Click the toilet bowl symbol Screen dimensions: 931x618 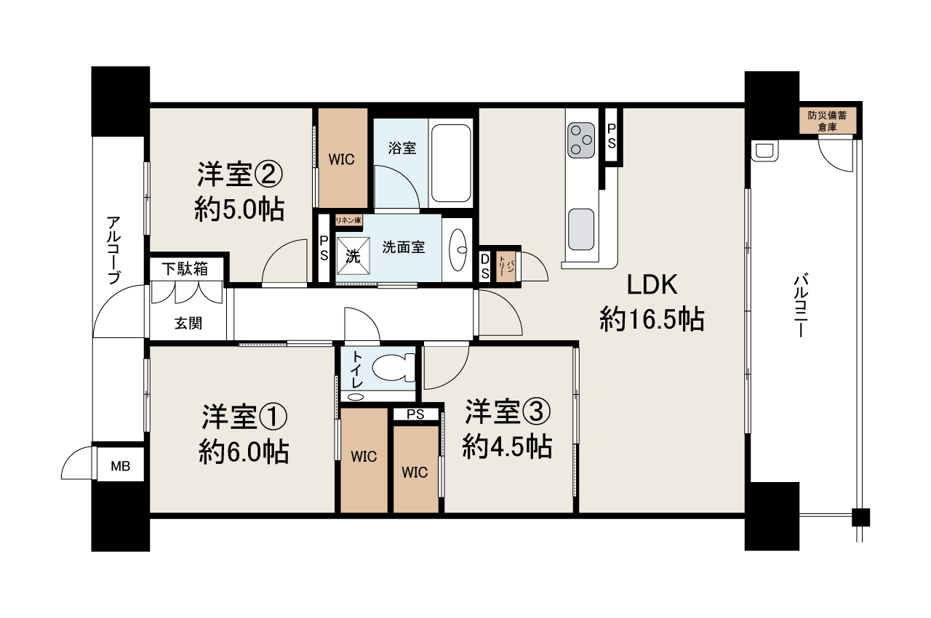(x=393, y=367)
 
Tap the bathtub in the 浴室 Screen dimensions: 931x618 (x=451, y=163)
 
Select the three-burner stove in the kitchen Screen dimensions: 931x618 (x=581, y=140)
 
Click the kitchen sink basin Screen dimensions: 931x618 (x=581, y=229)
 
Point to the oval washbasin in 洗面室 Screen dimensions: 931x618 (x=458, y=249)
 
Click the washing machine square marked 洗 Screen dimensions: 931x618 (x=353, y=256)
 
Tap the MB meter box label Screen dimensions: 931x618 (x=121, y=466)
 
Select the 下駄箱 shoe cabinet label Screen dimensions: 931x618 (x=185, y=269)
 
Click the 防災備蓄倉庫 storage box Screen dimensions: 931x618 (x=827, y=121)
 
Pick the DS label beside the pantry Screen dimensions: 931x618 (x=484, y=266)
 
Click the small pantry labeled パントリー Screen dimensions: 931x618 (x=506, y=266)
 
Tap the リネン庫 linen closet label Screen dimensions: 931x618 (x=348, y=220)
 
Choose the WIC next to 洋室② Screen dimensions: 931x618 (x=342, y=158)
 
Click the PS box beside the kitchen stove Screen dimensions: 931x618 (x=612, y=135)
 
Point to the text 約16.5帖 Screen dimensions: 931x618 (x=652, y=320)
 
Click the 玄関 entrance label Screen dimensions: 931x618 (x=188, y=323)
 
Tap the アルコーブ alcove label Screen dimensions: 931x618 (x=113, y=249)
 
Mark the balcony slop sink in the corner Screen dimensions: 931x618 (x=764, y=151)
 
